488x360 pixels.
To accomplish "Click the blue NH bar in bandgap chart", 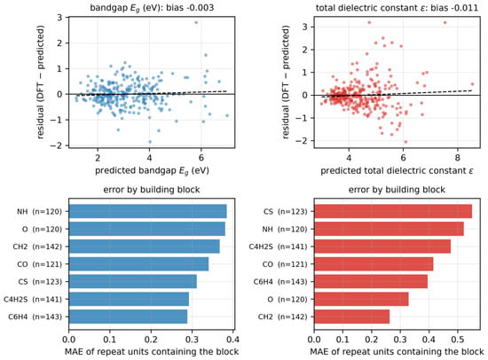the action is click(x=148, y=211).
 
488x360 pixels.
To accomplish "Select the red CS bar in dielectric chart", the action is click(x=393, y=211).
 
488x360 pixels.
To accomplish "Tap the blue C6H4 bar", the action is click(x=129, y=317).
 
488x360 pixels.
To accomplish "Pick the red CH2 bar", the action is click(x=352, y=317).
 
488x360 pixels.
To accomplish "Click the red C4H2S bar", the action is click(x=382, y=247).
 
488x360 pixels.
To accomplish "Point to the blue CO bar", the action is click(x=138, y=264).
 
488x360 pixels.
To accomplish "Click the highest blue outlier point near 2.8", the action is click(x=196, y=22).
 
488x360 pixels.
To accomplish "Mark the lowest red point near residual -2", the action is click(x=405, y=142).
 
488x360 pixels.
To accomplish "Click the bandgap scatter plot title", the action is click(x=152, y=7).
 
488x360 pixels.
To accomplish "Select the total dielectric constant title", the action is click(x=397, y=7).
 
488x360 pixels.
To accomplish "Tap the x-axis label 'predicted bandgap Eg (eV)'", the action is click(x=152, y=171).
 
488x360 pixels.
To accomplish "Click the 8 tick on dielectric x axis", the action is click(x=457, y=158).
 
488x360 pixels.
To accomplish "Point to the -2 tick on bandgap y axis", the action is click(x=58, y=145).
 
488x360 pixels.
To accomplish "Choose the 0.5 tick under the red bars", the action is click(x=458, y=339).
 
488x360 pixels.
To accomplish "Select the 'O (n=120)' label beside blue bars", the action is click(x=42, y=229).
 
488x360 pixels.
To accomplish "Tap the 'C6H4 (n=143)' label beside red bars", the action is click(x=280, y=282).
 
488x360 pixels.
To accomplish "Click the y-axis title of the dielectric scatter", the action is click(x=286, y=82).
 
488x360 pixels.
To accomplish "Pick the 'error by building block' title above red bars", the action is click(x=397, y=190).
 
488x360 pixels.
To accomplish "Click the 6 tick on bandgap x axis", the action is click(x=201, y=158).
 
